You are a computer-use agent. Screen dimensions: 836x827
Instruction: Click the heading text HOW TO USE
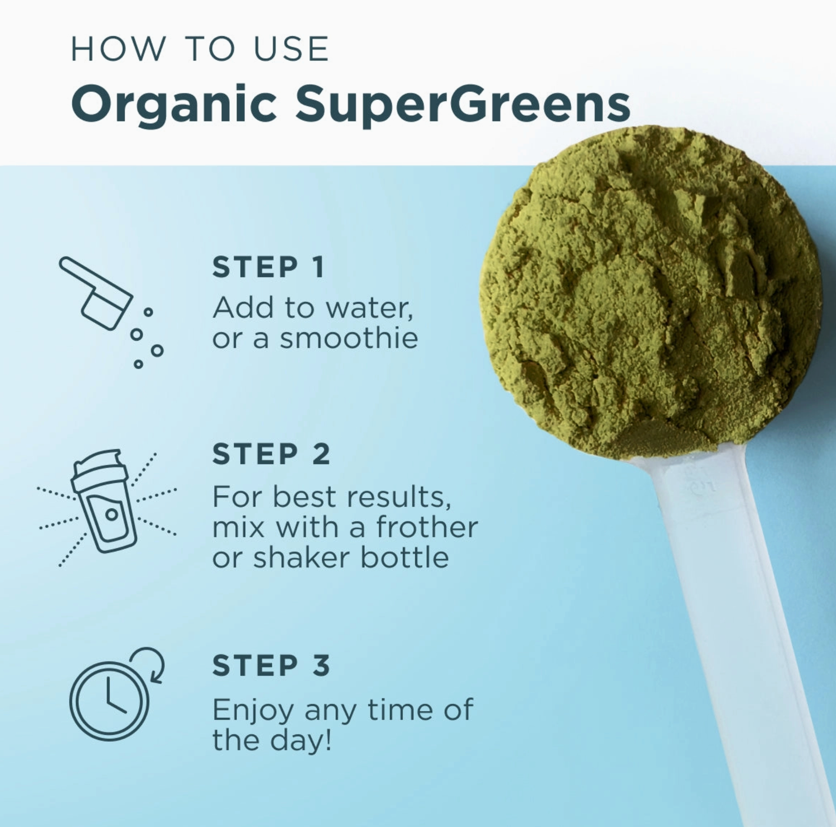pos(200,49)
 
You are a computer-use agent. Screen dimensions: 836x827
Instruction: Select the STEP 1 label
pos(268,267)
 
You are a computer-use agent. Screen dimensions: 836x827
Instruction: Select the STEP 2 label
pos(271,454)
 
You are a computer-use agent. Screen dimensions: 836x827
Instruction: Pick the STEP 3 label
pos(271,665)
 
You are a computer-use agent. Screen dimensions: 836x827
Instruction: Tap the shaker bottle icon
pos(105,501)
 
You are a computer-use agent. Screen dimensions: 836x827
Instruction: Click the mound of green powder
pos(651,293)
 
